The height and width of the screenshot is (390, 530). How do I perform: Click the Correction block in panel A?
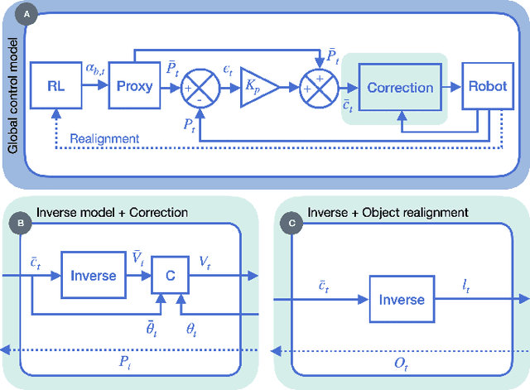pyautogui.click(x=400, y=87)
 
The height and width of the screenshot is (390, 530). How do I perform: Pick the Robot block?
pyautogui.click(x=487, y=84)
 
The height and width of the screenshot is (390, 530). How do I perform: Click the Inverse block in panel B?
pyautogui.click(x=93, y=275)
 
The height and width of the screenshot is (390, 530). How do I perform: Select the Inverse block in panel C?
pyautogui.click(x=401, y=300)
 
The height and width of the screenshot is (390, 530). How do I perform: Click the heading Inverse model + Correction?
pyautogui.click(x=111, y=212)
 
